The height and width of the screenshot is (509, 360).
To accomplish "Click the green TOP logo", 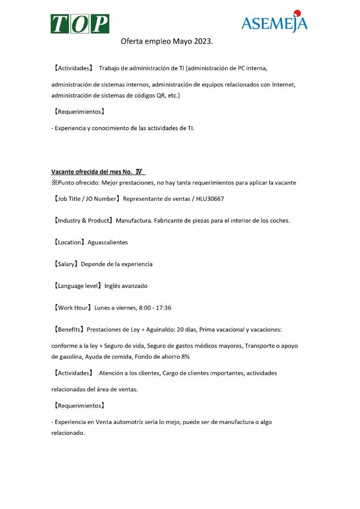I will coord(80,23).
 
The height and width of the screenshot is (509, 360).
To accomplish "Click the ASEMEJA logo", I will coord(274,23).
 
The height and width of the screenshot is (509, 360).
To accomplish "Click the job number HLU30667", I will coord(210,199).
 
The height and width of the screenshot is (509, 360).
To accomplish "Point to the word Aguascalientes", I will coord(108,242).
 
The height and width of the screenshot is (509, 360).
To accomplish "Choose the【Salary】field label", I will coord(65,264).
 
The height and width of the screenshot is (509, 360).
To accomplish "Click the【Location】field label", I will coord(68,242).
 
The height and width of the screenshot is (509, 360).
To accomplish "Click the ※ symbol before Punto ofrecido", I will coord(54,182).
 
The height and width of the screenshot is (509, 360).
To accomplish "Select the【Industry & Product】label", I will coord(83,221).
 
